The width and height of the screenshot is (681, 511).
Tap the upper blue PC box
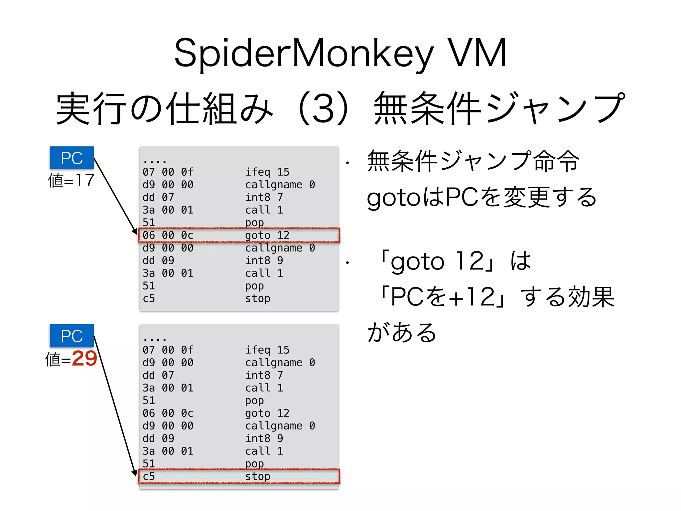click(71, 158)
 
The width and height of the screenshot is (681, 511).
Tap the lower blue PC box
click(71, 336)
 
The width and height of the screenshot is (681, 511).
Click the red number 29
click(84, 358)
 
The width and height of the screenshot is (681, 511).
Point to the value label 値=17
click(71, 181)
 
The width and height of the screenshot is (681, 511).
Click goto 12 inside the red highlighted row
click(267, 235)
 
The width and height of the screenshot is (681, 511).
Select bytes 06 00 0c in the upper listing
click(168, 235)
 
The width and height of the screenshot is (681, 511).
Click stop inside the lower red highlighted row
click(257, 476)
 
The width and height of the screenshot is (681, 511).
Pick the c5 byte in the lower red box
click(149, 476)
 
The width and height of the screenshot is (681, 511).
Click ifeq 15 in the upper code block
click(267, 172)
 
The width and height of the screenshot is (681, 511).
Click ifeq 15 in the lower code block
click(267, 350)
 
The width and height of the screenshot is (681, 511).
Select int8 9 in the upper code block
click(264, 260)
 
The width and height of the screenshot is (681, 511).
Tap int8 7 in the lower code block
click(264, 375)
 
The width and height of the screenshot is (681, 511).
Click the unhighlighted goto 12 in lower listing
click(267, 413)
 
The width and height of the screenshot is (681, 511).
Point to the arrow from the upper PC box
click(115, 196)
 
